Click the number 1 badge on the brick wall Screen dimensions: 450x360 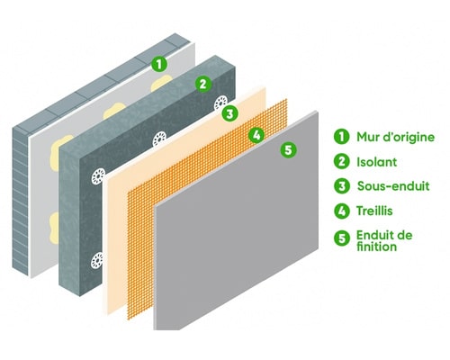(159, 64)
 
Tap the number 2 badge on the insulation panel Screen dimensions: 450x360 (203, 84)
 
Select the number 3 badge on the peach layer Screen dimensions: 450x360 (229, 113)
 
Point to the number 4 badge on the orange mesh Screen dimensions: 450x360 (256, 135)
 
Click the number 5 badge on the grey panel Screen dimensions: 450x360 (288, 149)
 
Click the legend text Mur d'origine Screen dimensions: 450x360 (395, 137)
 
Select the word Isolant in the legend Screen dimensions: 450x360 (376, 162)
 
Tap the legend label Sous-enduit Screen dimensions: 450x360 (393, 186)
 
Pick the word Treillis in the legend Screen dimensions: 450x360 (374, 211)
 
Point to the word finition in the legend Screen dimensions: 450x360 (376, 247)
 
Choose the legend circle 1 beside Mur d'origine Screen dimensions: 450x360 (342, 136)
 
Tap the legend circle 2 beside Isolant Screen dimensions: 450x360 (342, 161)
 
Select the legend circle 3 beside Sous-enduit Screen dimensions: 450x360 (342, 186)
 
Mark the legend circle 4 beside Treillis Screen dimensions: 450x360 (342, 211)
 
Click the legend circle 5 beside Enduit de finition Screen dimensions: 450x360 (342, 238)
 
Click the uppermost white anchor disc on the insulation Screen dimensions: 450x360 (221, 103)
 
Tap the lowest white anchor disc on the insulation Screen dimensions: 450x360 (97, 260)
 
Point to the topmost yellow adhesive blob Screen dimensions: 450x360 (161, 83)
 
